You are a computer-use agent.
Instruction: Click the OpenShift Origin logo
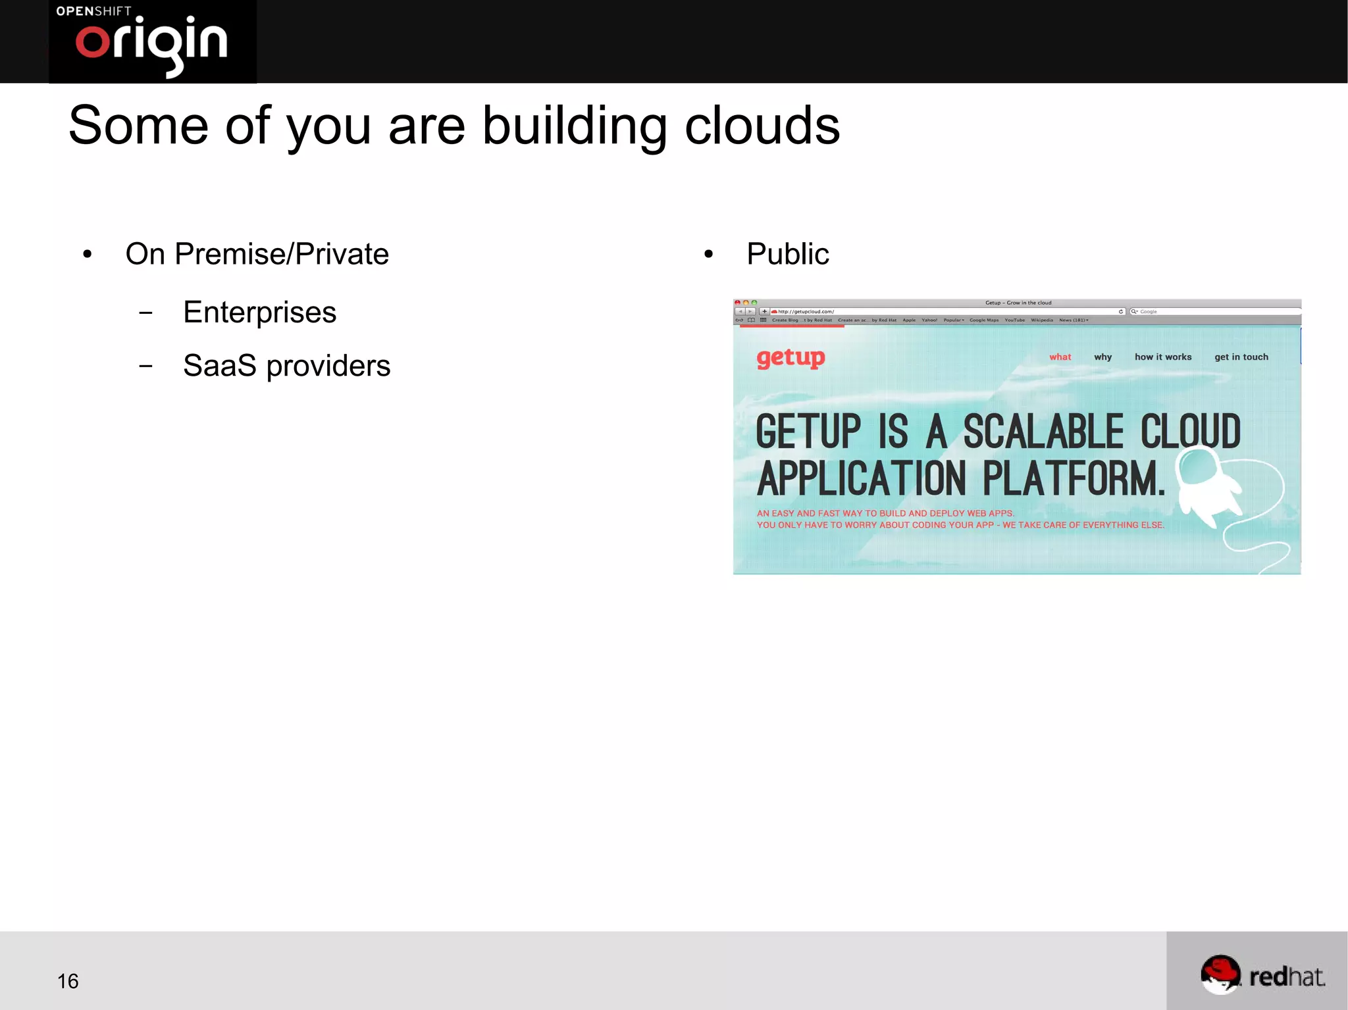click(x=152, y=41)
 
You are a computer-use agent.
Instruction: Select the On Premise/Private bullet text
click(x=257, y=254)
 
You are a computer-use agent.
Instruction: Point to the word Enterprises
click(x=259, y=312)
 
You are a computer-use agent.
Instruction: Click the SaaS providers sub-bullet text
click(x=286, y=366)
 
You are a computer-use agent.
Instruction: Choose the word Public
click(x=787, y=254)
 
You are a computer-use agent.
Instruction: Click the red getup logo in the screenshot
click(x=790, y=358)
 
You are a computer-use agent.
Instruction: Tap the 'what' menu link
click(x=1060, y=357)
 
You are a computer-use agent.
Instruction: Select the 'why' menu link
click(x=1102, y=357)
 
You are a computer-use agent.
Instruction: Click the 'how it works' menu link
click(x=1162, y=357)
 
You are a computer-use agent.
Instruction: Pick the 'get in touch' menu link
click(x=1241, y=357)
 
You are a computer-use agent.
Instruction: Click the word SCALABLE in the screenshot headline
click(x=1043, y=432)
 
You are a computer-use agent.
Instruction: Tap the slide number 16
click(x=68, y=981)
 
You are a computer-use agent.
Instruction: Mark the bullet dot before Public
click(x=708, y=255)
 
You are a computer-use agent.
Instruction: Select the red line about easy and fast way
click(x=885, y=513)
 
